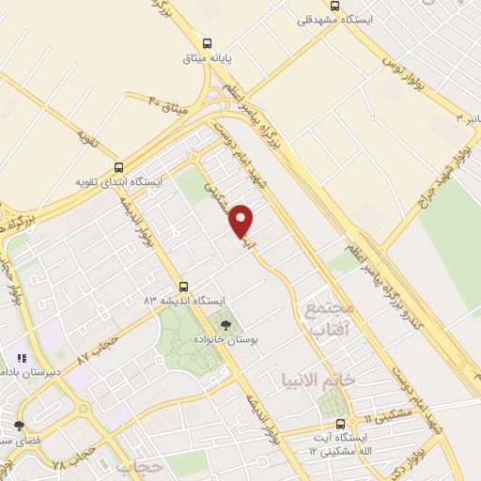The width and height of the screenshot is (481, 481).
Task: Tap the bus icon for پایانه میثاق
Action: [x=208, y=42]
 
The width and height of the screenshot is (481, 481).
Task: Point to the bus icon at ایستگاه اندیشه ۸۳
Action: [x=183, y=286]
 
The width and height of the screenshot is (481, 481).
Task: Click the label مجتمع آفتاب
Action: [x=325, y=320]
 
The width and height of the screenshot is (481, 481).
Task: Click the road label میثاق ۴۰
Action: [x=169, y=100]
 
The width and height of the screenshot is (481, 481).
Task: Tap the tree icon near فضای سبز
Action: [x=19, y=426]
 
